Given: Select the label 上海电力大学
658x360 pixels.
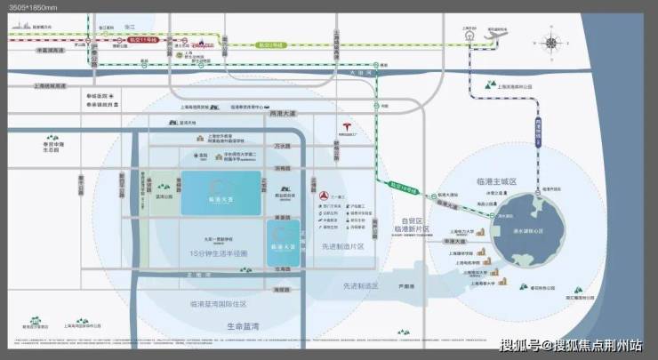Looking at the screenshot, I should (x=458, y=237).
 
